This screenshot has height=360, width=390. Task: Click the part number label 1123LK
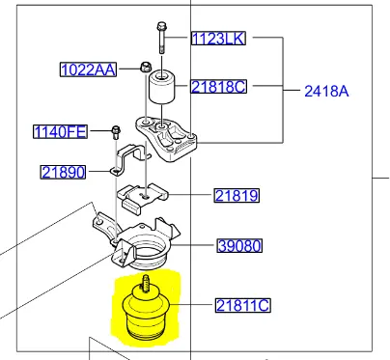(x=218, y=39)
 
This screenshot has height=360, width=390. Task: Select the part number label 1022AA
(x=87, y=69)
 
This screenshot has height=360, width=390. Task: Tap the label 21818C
(x=217, y=87)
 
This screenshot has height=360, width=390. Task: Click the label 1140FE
(x=61, y=131)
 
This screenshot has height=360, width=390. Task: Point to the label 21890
(x=64, y=173)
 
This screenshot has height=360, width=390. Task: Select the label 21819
(x=237, y=196)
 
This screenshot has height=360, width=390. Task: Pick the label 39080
(x=237, y=246)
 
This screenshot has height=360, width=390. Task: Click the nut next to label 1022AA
(x=143, y=68)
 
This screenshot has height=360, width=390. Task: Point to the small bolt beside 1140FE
(x=115, y=129)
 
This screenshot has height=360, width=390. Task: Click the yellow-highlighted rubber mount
(x=150, y=314)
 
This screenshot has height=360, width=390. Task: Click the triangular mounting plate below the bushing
(x=170, y=135)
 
